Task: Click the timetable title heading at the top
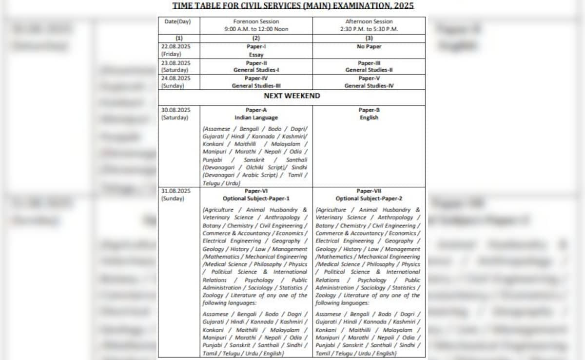292,6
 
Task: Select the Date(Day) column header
177,21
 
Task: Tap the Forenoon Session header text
256,21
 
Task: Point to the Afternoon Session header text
369,21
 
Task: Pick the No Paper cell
369,46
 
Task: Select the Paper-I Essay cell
256,51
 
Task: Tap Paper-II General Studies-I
256,66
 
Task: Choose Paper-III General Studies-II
369,66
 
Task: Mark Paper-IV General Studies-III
256,82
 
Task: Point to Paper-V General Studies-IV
369,82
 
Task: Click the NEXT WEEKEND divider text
292,96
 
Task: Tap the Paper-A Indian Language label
256,114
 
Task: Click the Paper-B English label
369,114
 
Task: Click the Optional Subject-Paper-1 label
256,199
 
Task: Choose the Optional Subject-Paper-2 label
369,199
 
